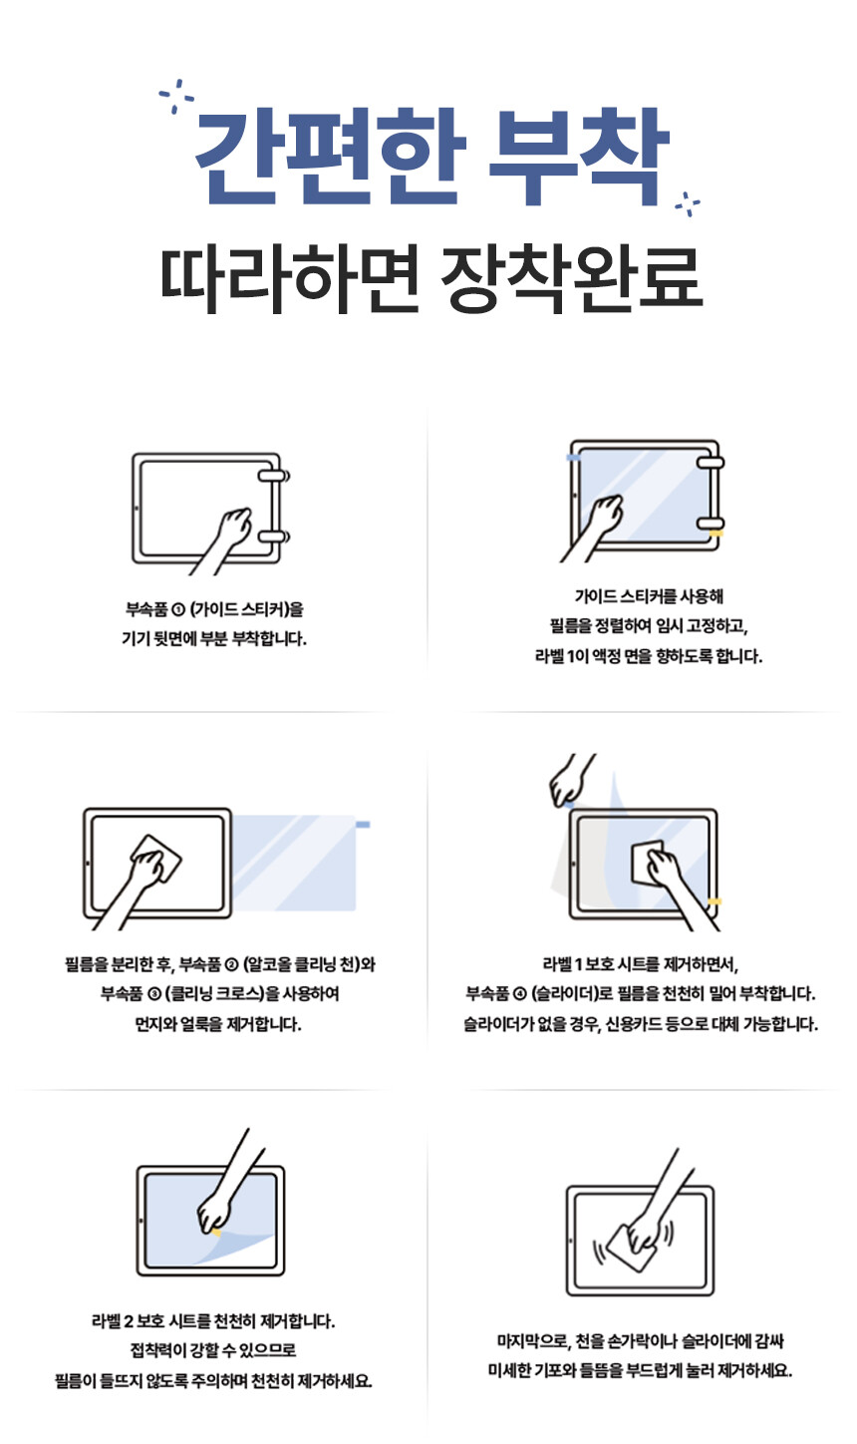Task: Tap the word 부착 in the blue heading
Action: click(578, 158)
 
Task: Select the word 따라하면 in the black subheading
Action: click(289, 279)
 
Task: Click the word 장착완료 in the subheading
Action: click(571, 279)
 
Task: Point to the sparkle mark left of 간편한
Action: click(176, 96)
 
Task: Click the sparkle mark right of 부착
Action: click(688, 203)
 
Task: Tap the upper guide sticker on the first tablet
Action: click(274, 477)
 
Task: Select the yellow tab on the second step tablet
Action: click(715, 534)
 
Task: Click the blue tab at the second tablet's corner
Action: click(573, 458)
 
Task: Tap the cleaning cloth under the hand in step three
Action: click(156, 858)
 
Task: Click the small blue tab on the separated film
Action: click(363, 825)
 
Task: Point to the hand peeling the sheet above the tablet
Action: click(570, 780)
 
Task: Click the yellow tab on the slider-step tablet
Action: click(714, 902)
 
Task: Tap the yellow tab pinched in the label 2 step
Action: click(215, 1232)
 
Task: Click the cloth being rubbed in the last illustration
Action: click(633, 1248)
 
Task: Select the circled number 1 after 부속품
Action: click(179, 610)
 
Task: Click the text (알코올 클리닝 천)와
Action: click(309, 964)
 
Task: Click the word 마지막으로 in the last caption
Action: click(533, 1341)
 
